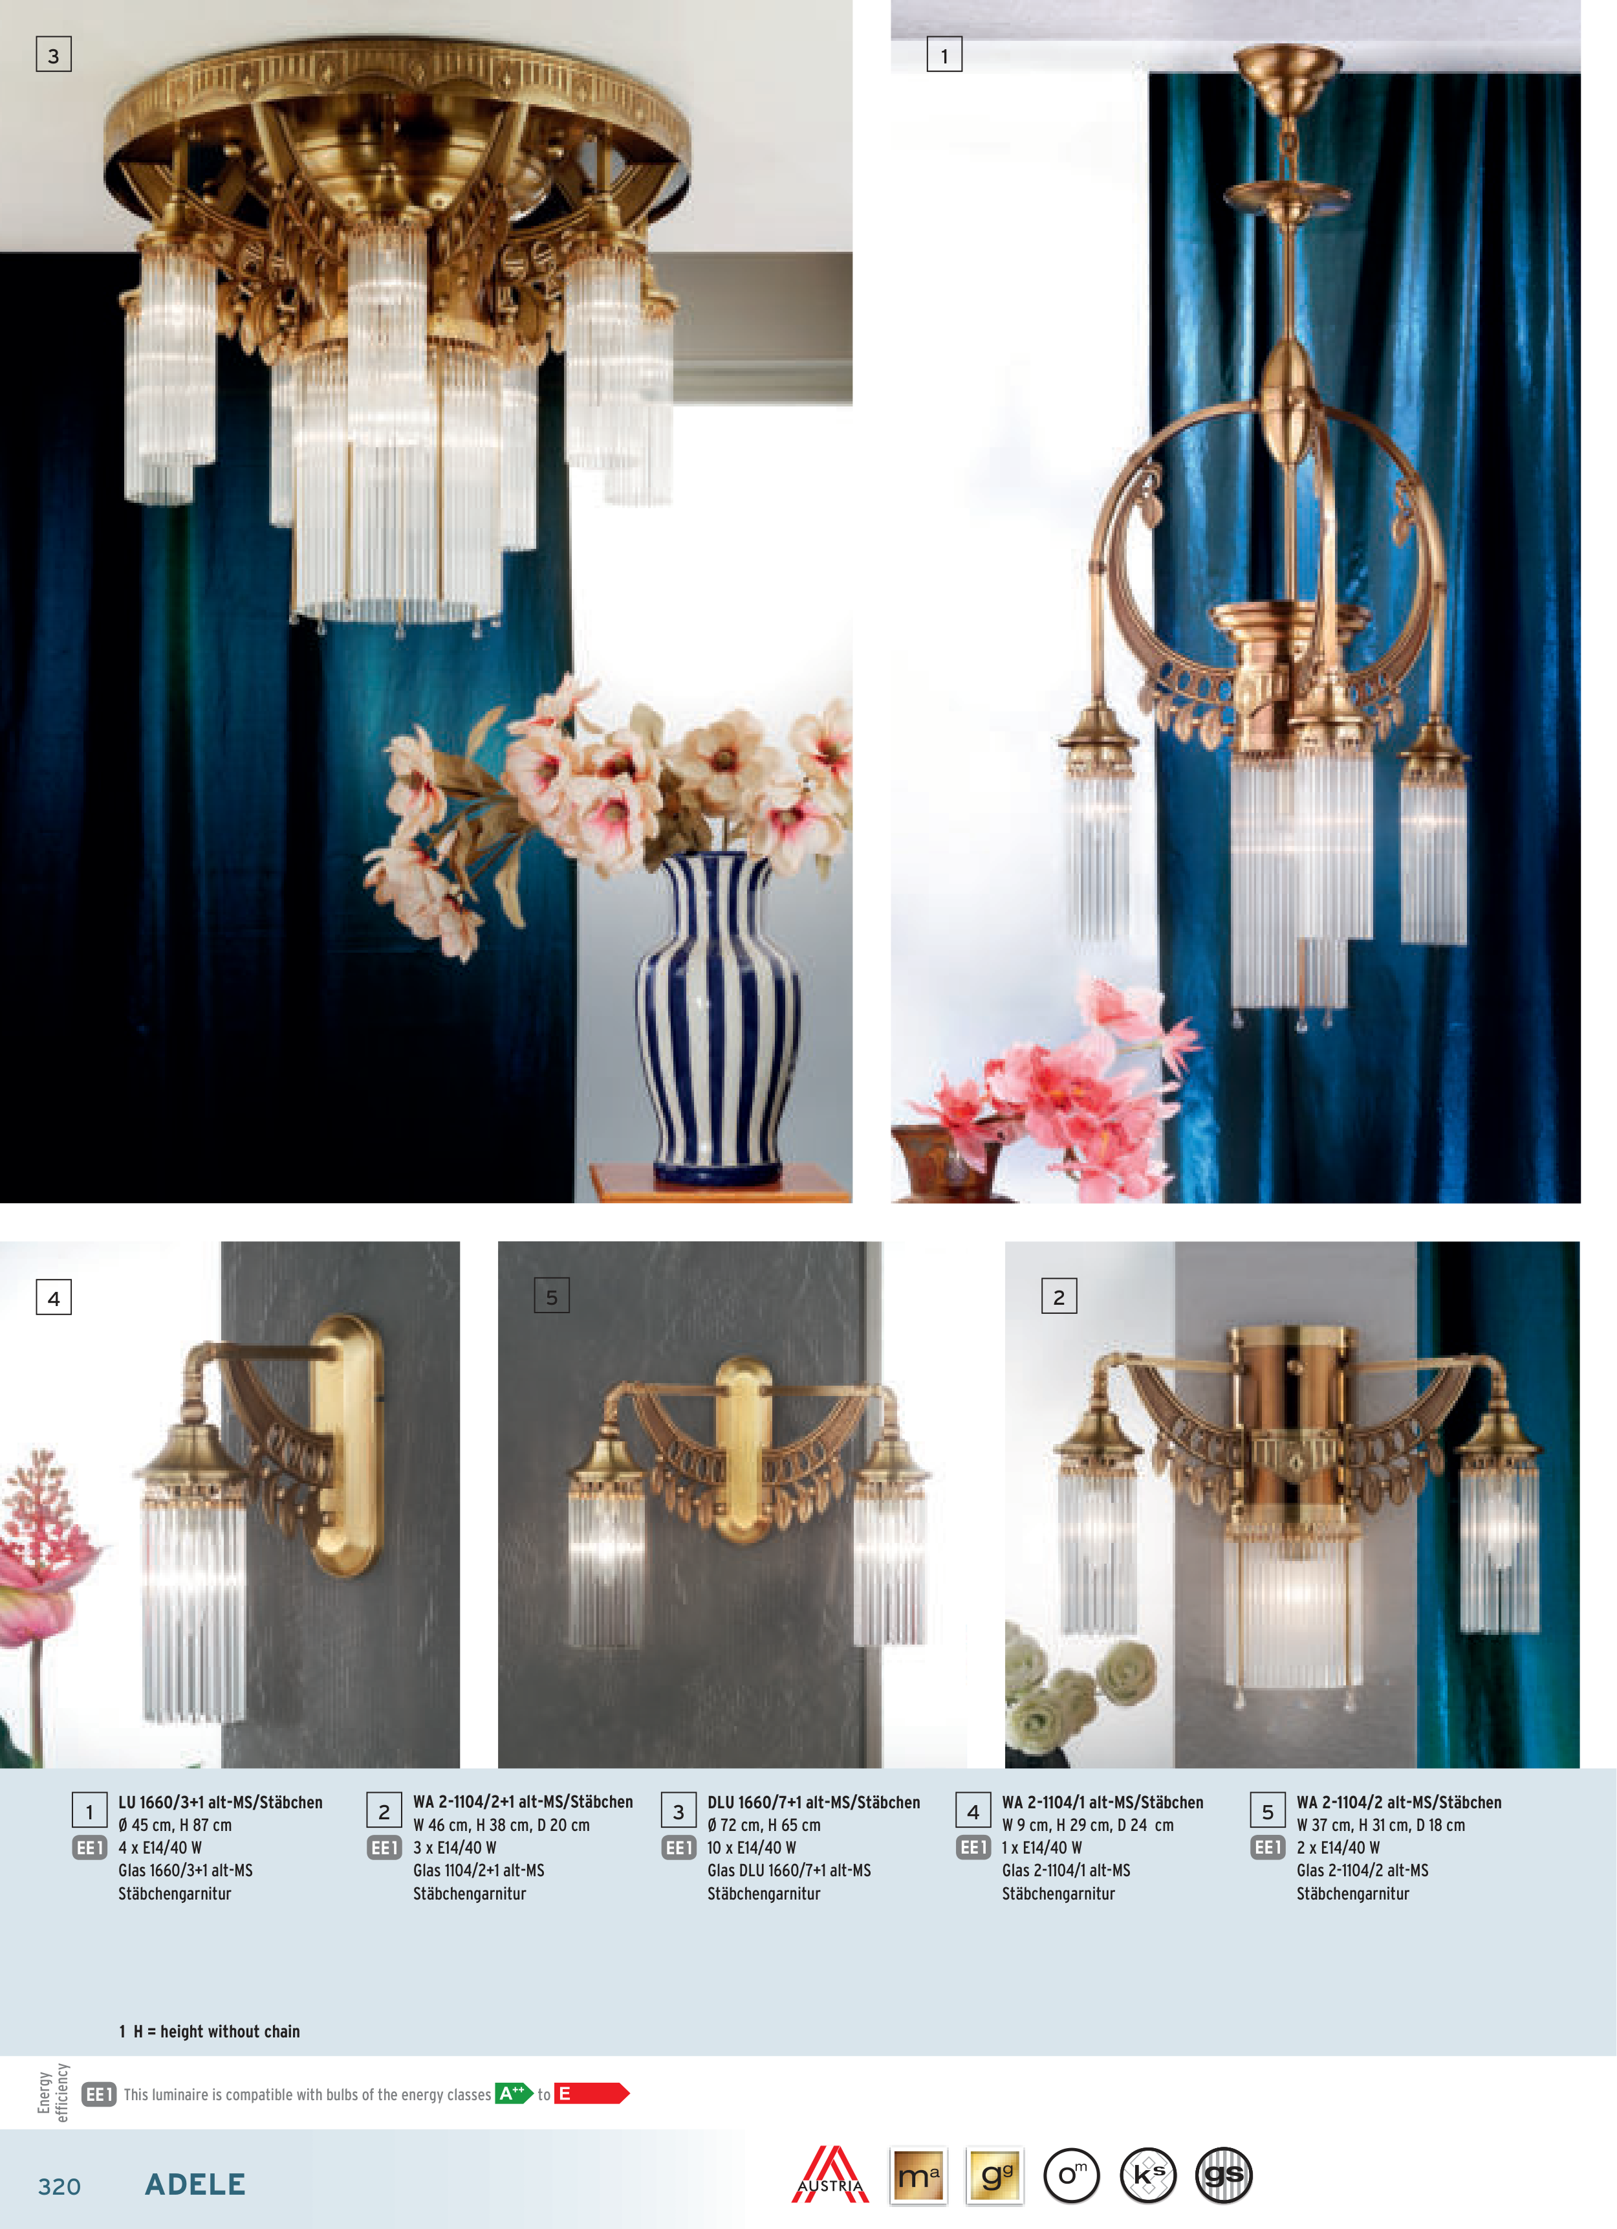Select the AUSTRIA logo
(x=830, y=2174)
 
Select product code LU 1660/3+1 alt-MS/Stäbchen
(x=220, y=1802)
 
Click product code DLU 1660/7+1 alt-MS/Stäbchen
(x=814, y=1802)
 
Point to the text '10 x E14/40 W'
(x=752, y=1848)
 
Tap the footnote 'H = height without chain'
(x=216, y=2032)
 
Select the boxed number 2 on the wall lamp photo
(x=1059, y=1296)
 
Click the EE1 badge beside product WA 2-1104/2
(x=1267, y=1848)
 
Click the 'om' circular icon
(x=1071, y=2175)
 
